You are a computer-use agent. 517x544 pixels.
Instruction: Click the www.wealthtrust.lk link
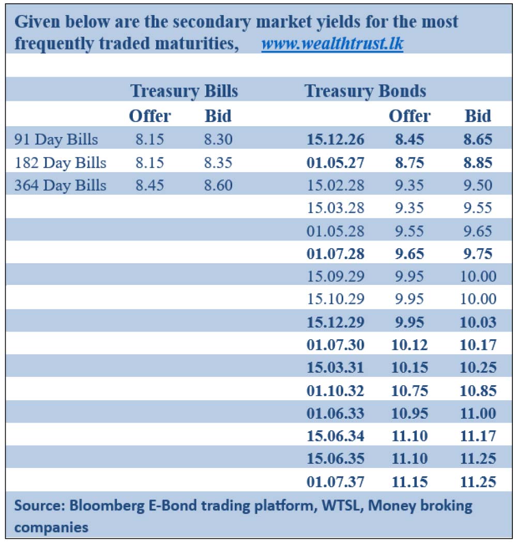(332, 44)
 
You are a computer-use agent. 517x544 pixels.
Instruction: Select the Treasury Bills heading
(184, 91)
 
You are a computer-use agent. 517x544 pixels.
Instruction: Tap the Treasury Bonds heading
(365, 91)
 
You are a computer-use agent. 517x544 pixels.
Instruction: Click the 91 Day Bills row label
(56, 140)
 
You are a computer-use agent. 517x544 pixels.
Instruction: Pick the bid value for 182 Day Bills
(218, 163)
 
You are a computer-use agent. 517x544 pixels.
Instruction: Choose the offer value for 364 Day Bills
(149, 186)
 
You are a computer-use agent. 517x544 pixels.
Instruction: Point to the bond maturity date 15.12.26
(335, 140)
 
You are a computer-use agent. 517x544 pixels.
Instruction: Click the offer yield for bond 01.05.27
(409, 163)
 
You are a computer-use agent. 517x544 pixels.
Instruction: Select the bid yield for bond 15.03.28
(478, 208)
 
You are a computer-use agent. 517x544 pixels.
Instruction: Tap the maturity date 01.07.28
(335, 254)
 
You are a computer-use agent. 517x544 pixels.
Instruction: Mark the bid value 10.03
(478, 322)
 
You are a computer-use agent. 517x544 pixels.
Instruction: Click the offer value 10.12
(409, 345)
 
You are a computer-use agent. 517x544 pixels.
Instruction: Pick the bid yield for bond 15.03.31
(478, 368)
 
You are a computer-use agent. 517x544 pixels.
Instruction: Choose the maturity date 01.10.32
(335, 390)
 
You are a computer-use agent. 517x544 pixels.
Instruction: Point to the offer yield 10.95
(409, 413)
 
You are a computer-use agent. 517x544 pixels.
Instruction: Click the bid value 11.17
(478, 436)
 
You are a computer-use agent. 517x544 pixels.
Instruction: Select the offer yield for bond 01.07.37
(409, 482)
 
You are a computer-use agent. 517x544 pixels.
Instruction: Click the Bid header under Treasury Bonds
(478, 116)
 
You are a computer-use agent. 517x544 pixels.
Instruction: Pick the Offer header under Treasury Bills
(149, 116)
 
